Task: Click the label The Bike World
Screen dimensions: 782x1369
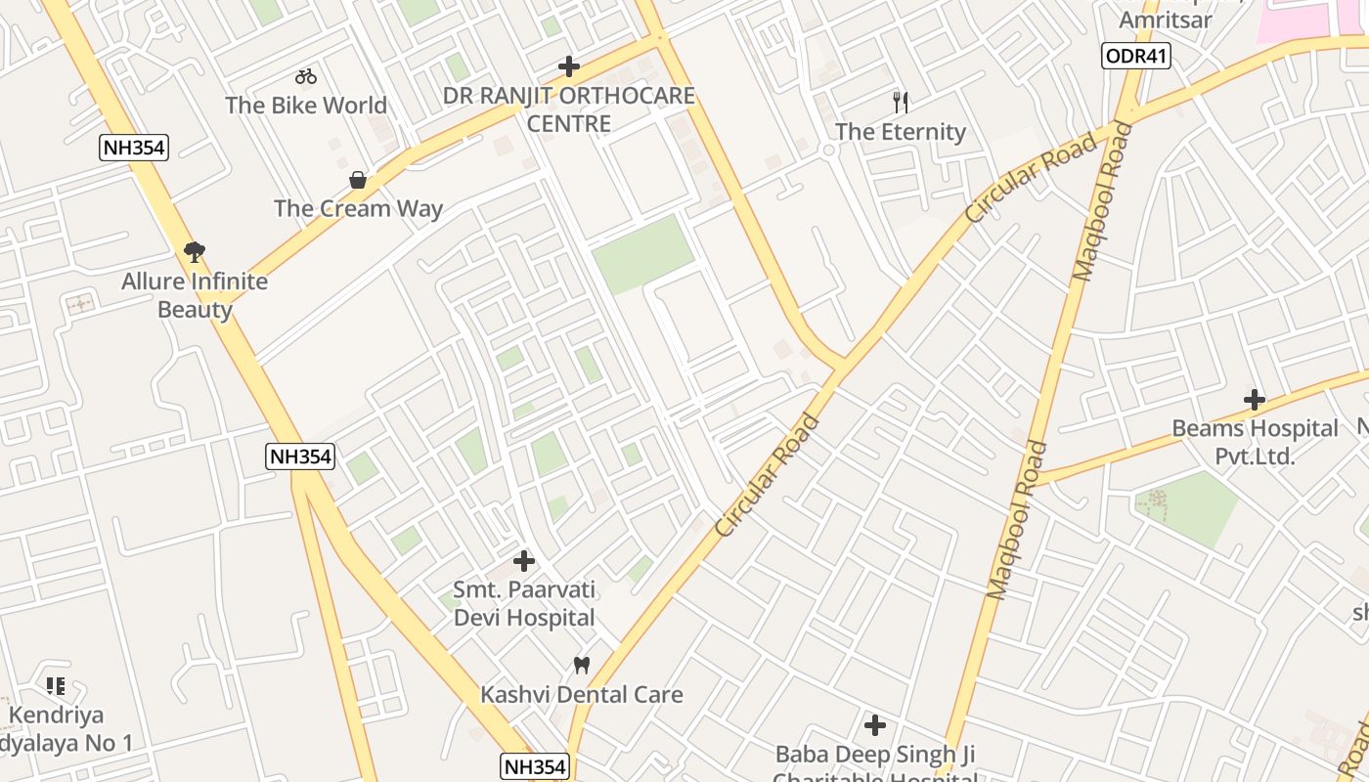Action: tap(306, 105)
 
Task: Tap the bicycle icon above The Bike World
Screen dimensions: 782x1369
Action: tap(306, 76)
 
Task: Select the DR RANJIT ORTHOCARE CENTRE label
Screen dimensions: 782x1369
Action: tap(569, 109)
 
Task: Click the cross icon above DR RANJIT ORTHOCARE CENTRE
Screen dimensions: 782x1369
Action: tap(569, 66)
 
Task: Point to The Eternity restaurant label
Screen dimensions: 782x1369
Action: tap(901, 131)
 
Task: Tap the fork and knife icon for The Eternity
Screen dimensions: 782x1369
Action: tap(901, 102)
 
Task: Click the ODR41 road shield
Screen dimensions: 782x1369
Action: tap(1135, 56)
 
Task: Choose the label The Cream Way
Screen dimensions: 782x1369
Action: tap(358, 208)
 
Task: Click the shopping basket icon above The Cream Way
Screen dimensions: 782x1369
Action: tap(358, 180)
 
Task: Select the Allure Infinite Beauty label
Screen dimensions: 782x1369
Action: tap(195, 295)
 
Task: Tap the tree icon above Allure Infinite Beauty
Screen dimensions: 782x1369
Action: tap(195, 252)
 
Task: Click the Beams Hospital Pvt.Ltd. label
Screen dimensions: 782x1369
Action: tap(1255, 442)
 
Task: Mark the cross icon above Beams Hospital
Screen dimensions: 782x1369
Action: tap(1255, 399)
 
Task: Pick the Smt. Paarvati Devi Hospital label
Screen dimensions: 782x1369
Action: tap(524, 604)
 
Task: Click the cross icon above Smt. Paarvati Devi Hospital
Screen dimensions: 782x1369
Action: tap(524, 561)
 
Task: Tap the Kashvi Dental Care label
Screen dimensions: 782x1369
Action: tap(582, 694)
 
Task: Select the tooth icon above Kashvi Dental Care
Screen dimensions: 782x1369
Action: tap(582, 665)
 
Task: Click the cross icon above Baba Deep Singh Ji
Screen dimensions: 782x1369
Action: tap(875, 725)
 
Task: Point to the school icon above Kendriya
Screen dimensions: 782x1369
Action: tap(56, 686)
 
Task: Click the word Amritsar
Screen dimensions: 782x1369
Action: tap(1165, 20)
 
